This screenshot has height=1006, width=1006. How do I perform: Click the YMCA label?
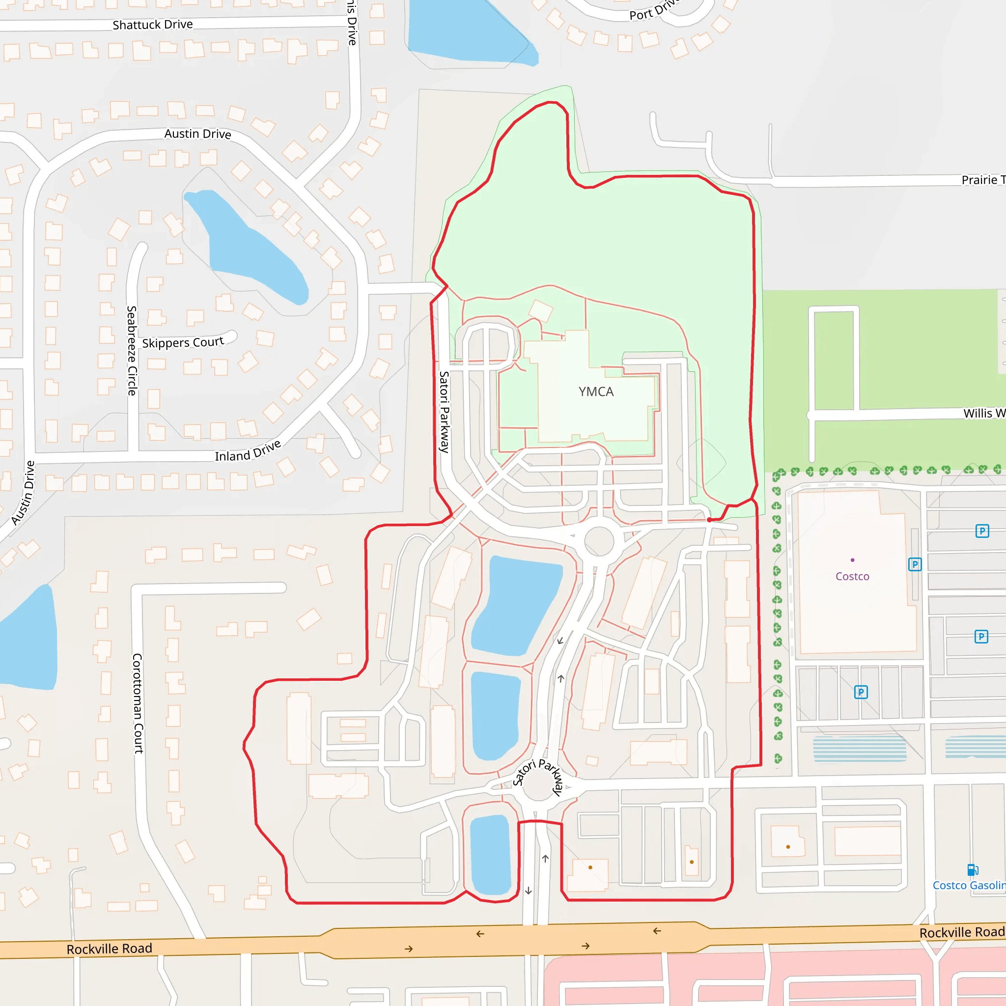click(x=596, y=391)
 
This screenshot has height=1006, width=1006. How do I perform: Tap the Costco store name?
click(x=852, y=576)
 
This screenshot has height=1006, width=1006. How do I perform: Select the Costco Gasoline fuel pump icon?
click(x=972, y=869)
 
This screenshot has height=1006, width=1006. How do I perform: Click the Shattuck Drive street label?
click(x=153, y=25)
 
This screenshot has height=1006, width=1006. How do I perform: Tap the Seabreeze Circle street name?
click(x=132, y=350)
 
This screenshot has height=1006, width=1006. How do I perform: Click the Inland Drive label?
click(x=248, y=451)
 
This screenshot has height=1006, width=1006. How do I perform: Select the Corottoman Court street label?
click(x=138, y=703)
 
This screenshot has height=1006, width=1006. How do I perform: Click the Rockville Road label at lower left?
click(x=110, y=949)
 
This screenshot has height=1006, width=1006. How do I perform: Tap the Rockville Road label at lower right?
click(x=961, y=932)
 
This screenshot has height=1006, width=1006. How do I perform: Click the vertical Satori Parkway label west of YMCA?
click(x=444, y=411)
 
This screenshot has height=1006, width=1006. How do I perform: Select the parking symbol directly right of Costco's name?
click(x=915, y=564)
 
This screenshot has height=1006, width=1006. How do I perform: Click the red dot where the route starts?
click(x=709, y=520)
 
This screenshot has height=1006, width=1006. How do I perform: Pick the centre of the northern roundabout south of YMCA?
click(x=599, y=541)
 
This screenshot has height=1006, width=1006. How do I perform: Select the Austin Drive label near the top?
click(x=197, y=134)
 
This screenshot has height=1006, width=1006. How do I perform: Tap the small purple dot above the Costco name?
click(x=852, y=560)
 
